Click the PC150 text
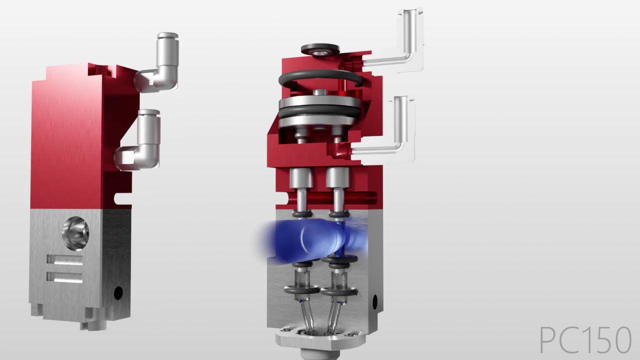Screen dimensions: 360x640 pyautogui.click(x=585, y=340)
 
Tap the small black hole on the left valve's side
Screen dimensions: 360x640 pyautogui.click(x=118, y=292)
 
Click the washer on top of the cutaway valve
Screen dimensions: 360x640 pyautogui.click(x=320, y=49)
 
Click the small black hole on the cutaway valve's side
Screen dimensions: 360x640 pyautogui.click(x=375, y=301)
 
